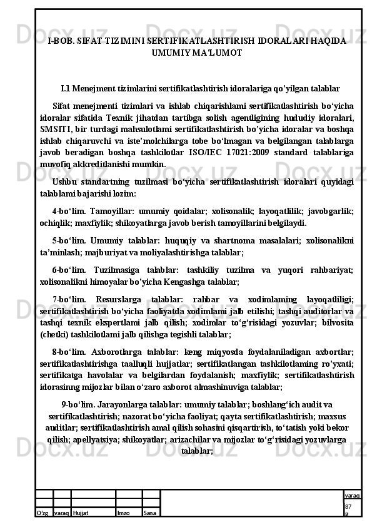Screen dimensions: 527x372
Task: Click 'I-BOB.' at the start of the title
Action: tap(60, 41)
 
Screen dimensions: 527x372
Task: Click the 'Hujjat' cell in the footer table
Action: tap(81, 513)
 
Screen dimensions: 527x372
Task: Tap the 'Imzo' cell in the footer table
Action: tap(123, 513)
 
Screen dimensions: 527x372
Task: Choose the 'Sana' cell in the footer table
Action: tap(149, 513)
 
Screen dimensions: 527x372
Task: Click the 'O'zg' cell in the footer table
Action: tap(43, 513)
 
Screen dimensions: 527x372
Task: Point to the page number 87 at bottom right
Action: tap(348, 506)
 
